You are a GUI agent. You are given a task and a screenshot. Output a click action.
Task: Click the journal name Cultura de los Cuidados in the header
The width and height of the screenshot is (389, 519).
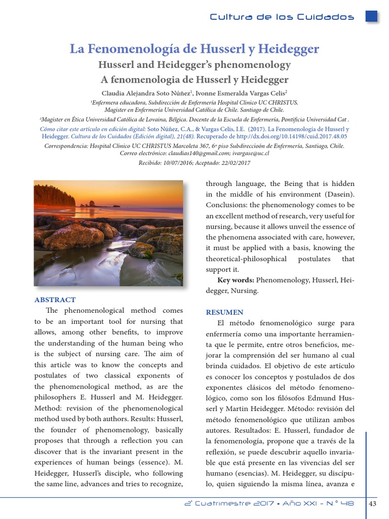pyautogui.click(x=282, y=17)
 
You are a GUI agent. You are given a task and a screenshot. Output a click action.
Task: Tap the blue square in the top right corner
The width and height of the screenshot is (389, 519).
pyautogui.click(x=371, y=16)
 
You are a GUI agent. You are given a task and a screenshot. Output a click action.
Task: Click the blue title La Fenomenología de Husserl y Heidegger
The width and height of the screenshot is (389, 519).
pyautogui.click(x=194, y=49)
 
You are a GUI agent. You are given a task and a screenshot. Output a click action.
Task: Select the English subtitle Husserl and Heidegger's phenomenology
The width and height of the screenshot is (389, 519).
pyautogui.click(x=194, y=65)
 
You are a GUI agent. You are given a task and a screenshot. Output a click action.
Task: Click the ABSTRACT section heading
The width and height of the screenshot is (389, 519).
pyautogui.click(x=55, y=300)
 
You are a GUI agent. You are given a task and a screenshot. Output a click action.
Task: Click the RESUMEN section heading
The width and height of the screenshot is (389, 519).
pyautogui.click(x=224, y=312)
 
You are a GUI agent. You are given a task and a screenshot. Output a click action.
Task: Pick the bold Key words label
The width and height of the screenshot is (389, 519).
pyautogui.click(x=236, y=280)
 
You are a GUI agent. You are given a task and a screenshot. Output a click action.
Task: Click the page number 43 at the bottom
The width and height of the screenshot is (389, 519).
pyautogui.click(x=373, y=503)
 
